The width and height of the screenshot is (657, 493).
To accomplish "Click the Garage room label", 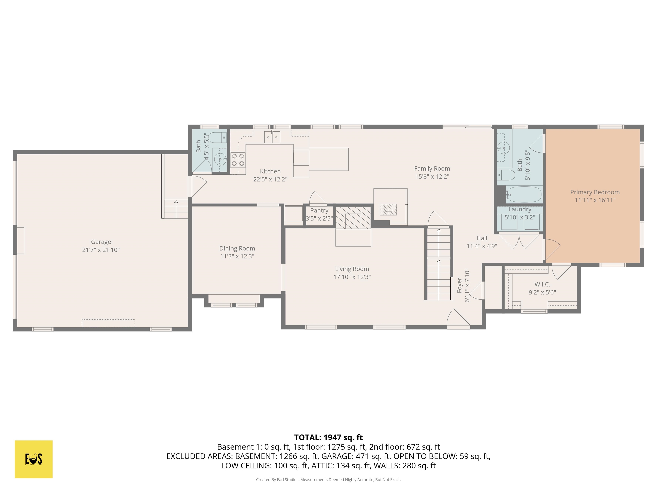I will [101, 242].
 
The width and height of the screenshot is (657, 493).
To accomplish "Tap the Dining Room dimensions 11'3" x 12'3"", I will [237, 256].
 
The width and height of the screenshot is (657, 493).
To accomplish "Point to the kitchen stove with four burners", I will [238, 160].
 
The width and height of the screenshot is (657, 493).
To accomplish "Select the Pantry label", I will [319, 210].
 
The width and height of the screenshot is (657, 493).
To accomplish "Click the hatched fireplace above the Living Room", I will [353, 218].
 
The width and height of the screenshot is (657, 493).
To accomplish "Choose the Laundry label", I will [519, 209].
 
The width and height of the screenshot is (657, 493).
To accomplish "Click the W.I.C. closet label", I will [542, 284].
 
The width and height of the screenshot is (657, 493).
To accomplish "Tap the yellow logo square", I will [34, 459].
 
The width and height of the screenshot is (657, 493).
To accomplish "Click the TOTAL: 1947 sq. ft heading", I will [328, 437].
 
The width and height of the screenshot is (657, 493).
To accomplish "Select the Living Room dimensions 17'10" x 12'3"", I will [352, 277].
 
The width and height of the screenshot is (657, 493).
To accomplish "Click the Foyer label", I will [459, 285].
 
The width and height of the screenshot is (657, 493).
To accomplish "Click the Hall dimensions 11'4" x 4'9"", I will [481, 246].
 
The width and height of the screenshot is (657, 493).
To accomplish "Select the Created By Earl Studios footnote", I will [328, 480].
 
